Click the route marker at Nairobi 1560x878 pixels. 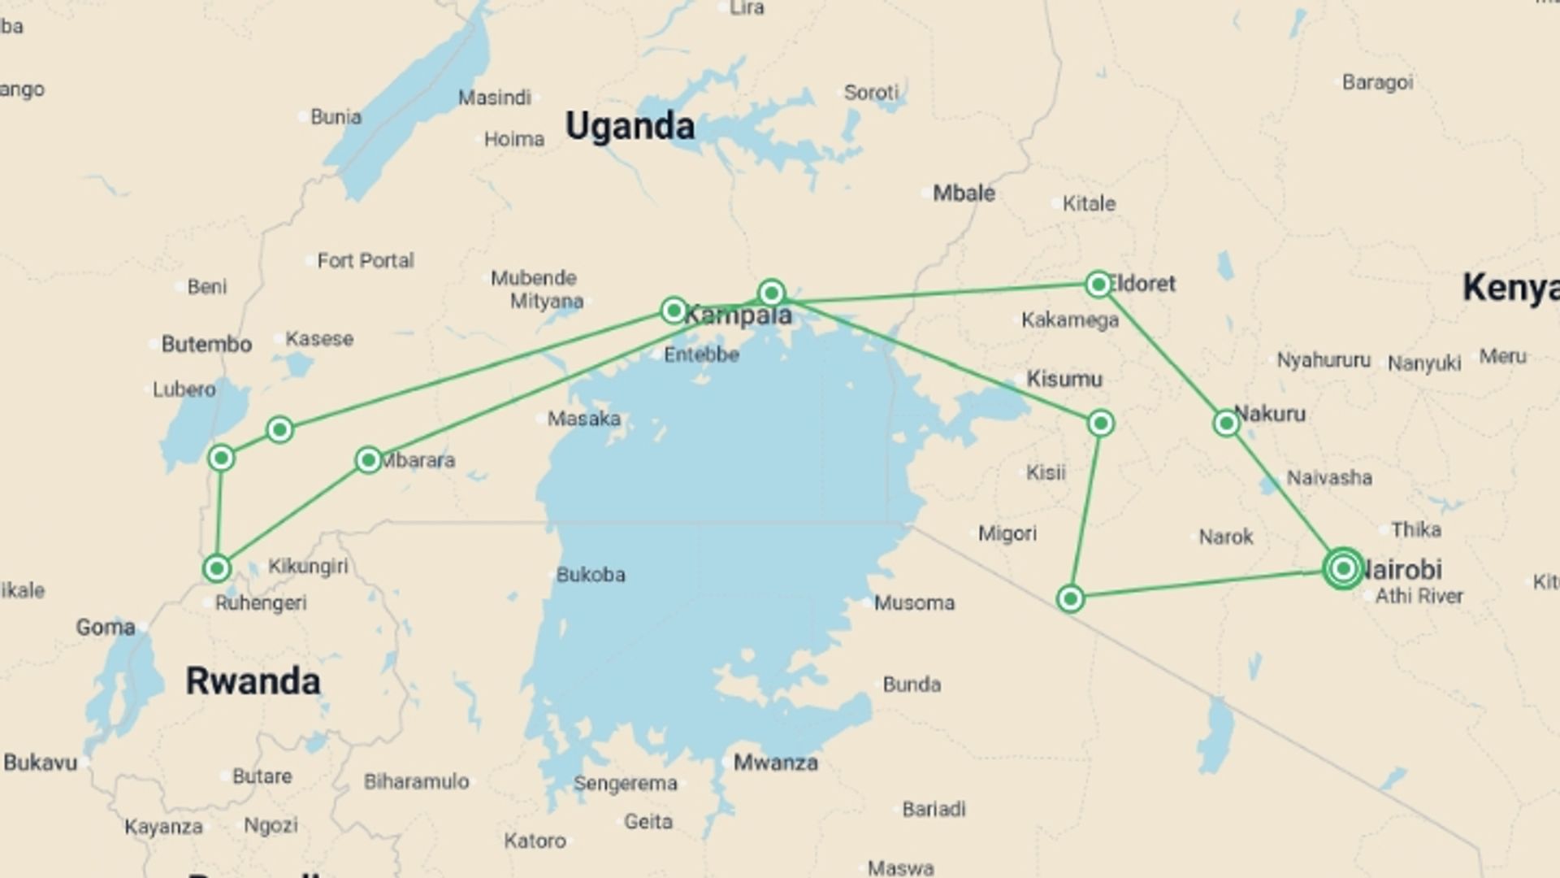(x=1343, y=568)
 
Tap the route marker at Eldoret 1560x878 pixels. (x=1098, y=284)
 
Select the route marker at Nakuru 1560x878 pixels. (x=1226, y=423)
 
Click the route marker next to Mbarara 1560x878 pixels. (x=368, y=460)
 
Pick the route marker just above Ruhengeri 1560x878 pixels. (x=217, y=567)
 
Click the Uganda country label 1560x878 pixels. (x=630, y=127)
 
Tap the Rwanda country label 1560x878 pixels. (x=253, y=681)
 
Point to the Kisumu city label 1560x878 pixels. (x=1064, y=379)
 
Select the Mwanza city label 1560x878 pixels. (x=775, y=763)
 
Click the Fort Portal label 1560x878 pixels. (x=365, y=261)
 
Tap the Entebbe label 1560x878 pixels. (x=701, y=354)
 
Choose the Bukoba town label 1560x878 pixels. (x=591, y=575)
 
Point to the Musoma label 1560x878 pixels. (x=914, y=603)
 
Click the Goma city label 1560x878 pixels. (x=106, y=628)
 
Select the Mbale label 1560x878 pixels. (x=964, y=193)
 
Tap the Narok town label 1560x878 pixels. (x=1226, y=537)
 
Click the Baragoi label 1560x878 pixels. (x=1377, y=82)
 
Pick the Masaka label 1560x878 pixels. (x=583, y=419)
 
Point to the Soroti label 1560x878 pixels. (x=871, y=93)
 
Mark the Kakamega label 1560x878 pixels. (x=1070, y=320)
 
